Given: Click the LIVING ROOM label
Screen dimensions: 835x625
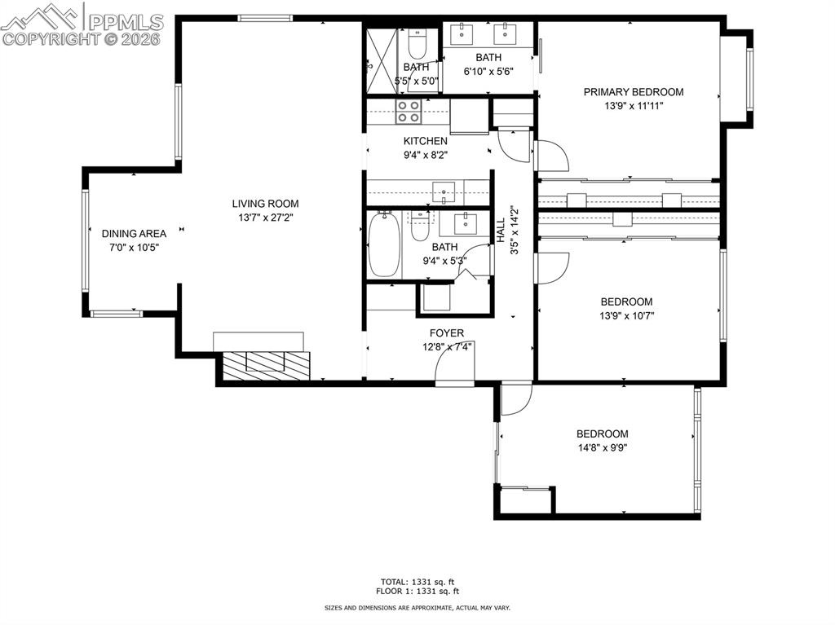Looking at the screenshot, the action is click(265, 204).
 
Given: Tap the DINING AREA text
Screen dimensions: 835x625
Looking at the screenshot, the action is click(135, 233).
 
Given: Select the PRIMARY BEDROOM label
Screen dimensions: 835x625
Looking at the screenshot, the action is click(634, 92).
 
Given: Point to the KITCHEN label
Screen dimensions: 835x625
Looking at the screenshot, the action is click(426, 141).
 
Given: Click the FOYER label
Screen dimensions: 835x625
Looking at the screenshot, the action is click(447, 333).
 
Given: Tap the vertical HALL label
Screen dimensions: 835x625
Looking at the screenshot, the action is click(501, 231).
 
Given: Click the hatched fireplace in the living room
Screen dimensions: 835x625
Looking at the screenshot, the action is click(267, 366).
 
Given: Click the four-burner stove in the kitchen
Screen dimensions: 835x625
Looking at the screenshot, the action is click(409, 112).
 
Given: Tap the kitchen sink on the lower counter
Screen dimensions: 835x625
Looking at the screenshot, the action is click(444, 192).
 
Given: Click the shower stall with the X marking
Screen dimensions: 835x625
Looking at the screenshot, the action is click(382, 60).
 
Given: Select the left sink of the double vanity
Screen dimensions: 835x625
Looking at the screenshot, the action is click(462, 34).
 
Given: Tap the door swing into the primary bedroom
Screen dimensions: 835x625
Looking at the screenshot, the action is click(550, 155).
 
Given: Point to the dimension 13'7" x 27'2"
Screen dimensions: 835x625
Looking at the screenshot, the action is click(266, 218).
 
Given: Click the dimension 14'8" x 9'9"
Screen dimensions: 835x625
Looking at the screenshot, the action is click(603, 447).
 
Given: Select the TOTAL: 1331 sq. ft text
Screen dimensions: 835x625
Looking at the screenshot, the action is click(417, 582).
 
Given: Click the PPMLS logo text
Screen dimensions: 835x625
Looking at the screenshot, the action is click(125, 22).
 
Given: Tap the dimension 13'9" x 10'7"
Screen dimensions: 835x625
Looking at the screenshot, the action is click(627, 315).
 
